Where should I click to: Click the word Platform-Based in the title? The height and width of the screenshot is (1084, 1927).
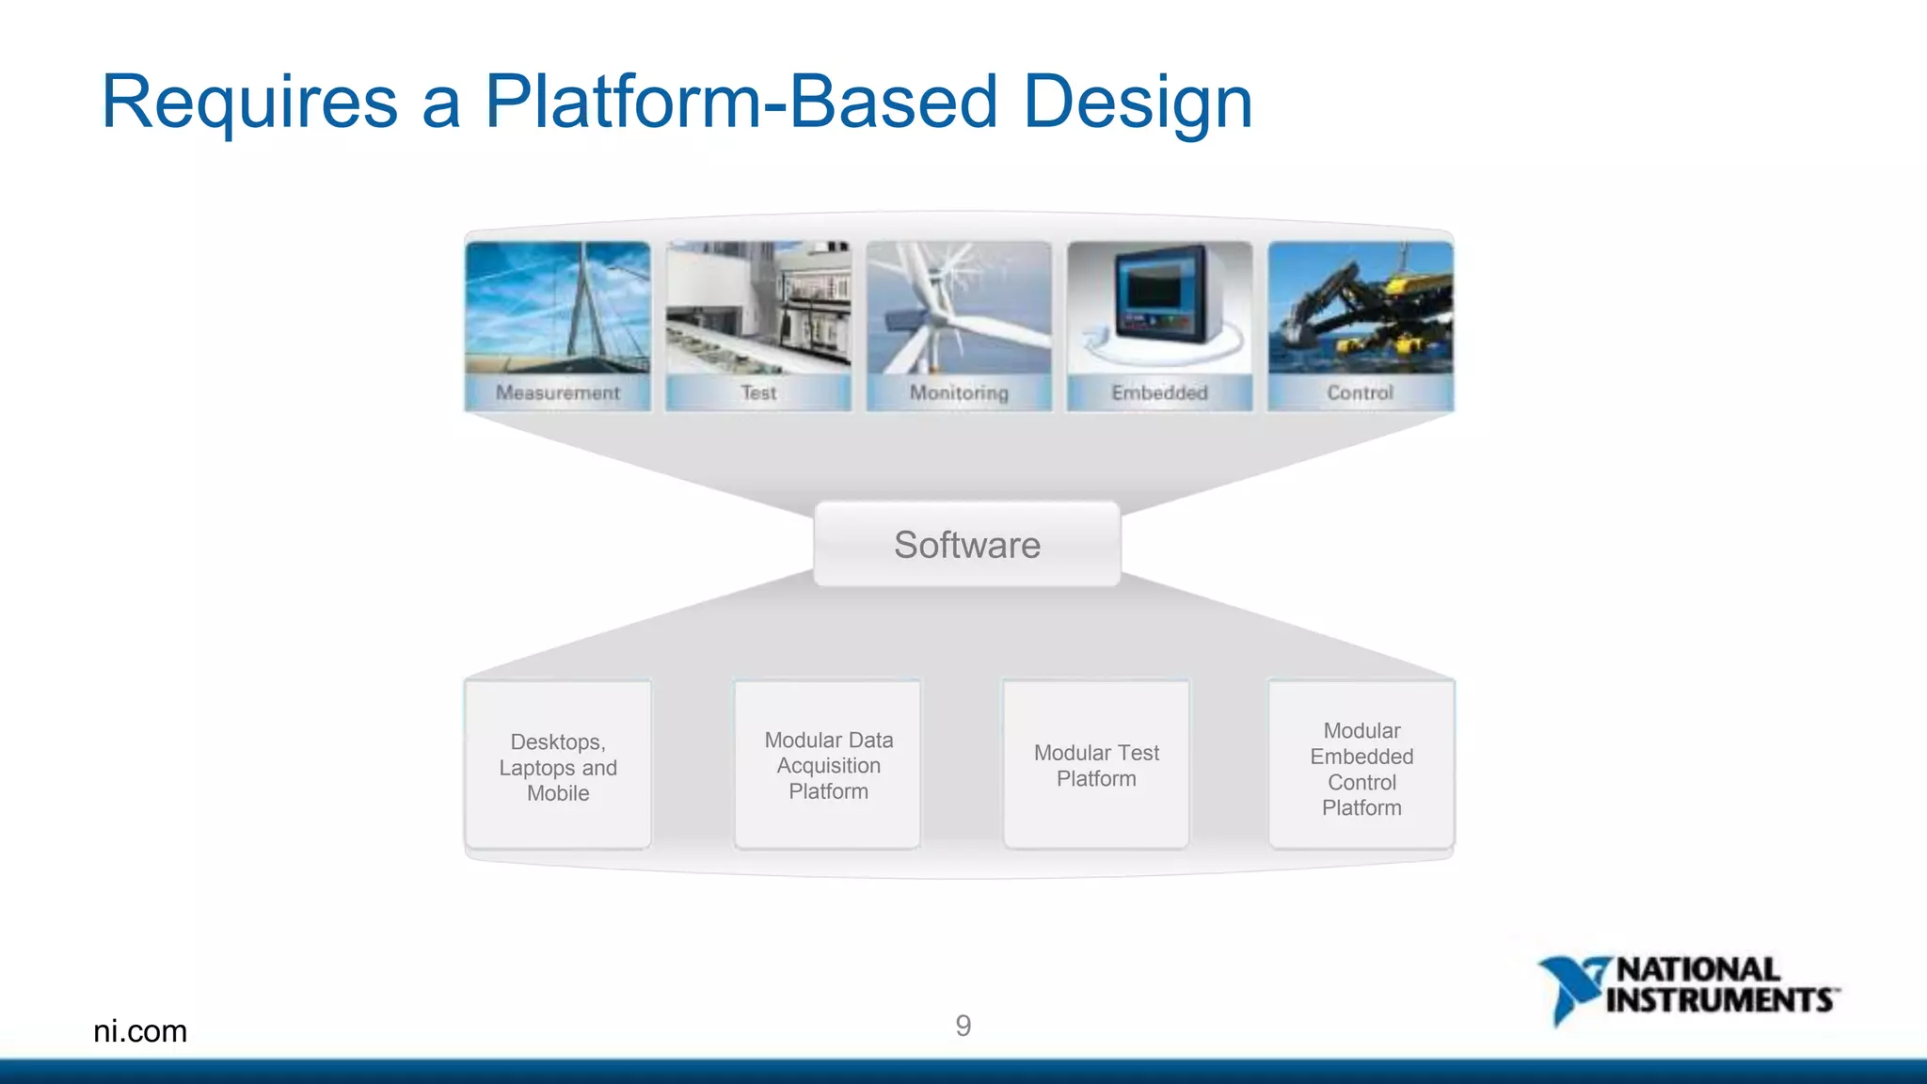[740, 102]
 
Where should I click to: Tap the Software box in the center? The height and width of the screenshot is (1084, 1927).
[967, 545]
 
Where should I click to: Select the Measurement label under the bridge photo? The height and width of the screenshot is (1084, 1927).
[557, 392]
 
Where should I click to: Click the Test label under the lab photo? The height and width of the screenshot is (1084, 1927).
[758, 392]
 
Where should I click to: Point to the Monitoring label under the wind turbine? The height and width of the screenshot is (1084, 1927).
[959, 392]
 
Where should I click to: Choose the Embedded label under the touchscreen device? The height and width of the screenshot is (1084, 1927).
[1159, 392]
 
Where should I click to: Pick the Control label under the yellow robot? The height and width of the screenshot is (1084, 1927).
[1360, 392]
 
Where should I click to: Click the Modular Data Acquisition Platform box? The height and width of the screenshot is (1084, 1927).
[828, 765]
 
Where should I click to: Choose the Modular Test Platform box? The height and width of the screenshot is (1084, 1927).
[1096, 765]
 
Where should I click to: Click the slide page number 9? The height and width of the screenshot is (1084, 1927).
[963, 1025]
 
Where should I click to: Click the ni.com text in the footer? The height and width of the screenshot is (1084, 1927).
[140, 1030]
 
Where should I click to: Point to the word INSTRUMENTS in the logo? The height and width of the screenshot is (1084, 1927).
[1720, 1000]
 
